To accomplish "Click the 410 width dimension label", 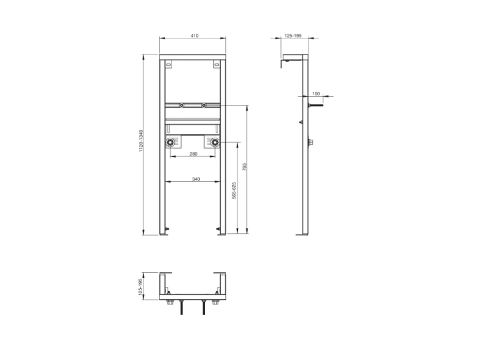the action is click(195, 35).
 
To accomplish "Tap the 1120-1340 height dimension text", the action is click(141, 141).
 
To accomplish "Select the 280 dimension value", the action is click(193, 154).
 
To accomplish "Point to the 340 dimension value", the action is click(196, 179).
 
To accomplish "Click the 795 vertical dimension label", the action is click(244, 167).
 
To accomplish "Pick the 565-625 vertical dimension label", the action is click(234, 191).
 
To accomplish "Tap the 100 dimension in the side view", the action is click(316, 94).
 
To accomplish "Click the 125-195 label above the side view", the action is click(293, 35).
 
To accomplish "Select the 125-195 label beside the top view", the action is click(141, 287).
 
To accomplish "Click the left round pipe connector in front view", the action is click(170, 142).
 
